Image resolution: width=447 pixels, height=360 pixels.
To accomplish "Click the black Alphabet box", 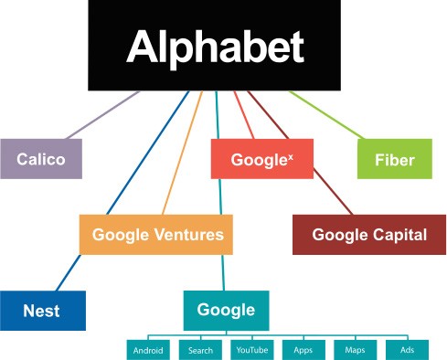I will point(215,46).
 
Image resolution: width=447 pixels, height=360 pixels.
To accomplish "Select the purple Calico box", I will point(40,160).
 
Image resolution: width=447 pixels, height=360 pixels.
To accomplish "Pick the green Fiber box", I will point(394,160).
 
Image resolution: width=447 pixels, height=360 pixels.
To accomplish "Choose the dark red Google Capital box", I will point(368,235).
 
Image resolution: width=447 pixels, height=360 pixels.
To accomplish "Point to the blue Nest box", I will point(42,311).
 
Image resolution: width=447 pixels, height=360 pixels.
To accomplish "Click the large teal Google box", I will point(226,310).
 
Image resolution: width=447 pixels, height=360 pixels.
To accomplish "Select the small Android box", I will point(148,350).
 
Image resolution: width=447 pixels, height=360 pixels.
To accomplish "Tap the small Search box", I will point(200,350).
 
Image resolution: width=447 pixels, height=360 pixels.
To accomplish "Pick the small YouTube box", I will point(251,350).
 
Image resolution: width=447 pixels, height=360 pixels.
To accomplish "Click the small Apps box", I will point(303,350).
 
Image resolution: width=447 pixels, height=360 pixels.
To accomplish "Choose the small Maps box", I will point(356,350).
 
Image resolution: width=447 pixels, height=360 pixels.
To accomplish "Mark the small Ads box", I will point(408,350).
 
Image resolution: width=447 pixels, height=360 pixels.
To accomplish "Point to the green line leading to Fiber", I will point(329,114).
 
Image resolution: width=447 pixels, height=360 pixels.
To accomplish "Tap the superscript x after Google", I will point(291,154).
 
